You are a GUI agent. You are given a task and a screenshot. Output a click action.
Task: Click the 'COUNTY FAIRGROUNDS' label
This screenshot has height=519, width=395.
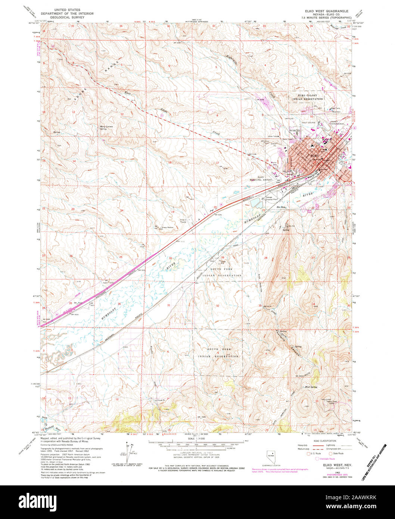(337, 124)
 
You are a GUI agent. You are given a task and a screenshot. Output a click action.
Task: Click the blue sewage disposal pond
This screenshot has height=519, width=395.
(256, 203)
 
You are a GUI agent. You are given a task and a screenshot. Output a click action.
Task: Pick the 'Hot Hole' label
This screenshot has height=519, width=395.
(280, 207)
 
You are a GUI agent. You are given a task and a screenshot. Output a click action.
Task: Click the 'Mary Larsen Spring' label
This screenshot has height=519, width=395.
(106, 127)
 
